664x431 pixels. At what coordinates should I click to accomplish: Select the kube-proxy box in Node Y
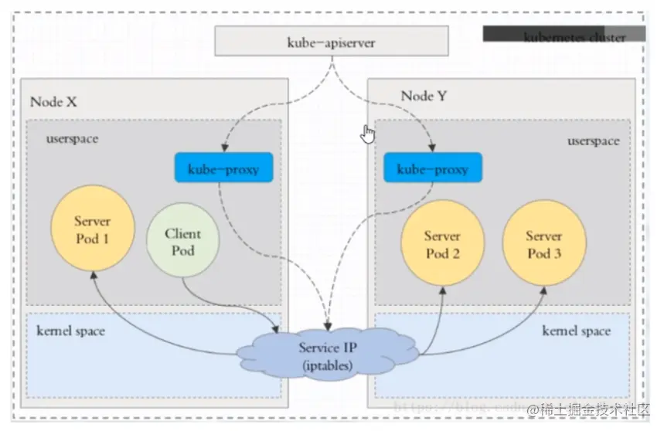point(432,168)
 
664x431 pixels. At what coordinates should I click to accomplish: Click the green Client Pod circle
point(182,241)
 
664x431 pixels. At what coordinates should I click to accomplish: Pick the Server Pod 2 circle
point(442,244)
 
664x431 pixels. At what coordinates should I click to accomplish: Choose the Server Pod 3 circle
point(543,244)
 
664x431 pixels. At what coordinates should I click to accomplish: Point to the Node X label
point(53,101)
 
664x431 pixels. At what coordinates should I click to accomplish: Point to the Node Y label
point(424,96)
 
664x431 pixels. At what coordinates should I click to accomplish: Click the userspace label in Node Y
point(593,141)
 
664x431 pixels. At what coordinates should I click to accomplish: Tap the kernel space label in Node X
point(70,331)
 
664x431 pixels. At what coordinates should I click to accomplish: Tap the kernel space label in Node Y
point(576,331)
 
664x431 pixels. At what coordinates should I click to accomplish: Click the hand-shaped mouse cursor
point(368,134)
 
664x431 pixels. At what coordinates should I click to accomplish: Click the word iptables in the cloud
point(327,365)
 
